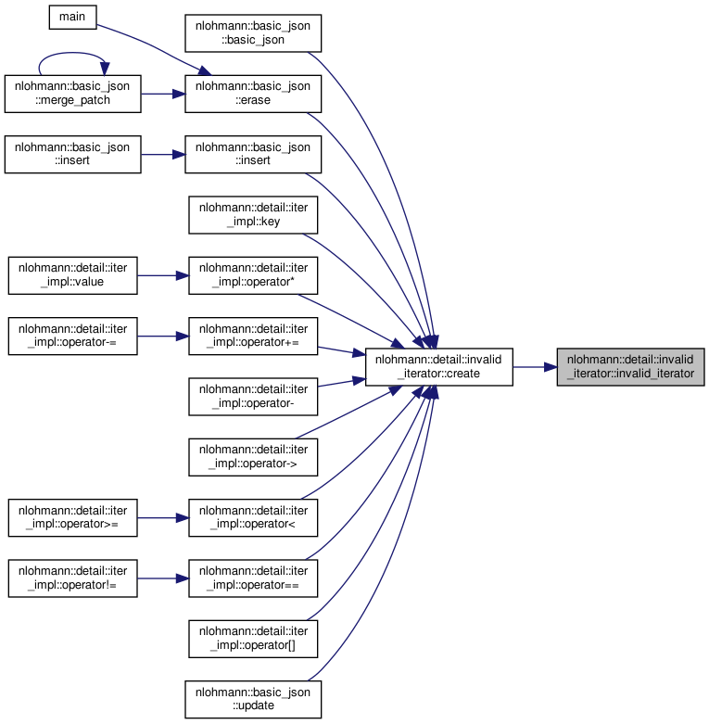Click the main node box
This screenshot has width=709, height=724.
(73, 17)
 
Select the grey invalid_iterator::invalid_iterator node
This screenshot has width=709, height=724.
(630, 367)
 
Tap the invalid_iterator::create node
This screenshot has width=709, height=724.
(439, 367)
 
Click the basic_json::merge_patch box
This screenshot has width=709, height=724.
(73, 94)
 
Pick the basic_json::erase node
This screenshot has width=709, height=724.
(253, 94)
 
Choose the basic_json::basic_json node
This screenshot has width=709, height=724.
(253, 33)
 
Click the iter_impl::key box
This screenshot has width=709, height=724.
(253, 215)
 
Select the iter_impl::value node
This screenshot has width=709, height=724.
(73, 275)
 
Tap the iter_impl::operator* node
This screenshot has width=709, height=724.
(253, 275)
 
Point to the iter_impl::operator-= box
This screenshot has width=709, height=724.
(73, 337)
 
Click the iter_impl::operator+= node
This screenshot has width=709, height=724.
(253, 337)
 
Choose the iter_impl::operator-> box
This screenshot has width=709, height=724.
(253, 457)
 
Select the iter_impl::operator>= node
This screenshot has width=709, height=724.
(73, 517)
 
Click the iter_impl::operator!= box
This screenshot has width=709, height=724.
(73, 578)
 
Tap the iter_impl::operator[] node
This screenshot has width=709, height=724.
(253, 639)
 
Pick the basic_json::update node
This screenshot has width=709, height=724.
(253, 699)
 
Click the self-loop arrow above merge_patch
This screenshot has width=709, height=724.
(71, 53)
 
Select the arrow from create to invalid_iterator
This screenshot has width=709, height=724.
(535, 367)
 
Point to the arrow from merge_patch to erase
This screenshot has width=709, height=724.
(163, 94)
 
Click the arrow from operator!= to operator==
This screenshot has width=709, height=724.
(163, 578)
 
